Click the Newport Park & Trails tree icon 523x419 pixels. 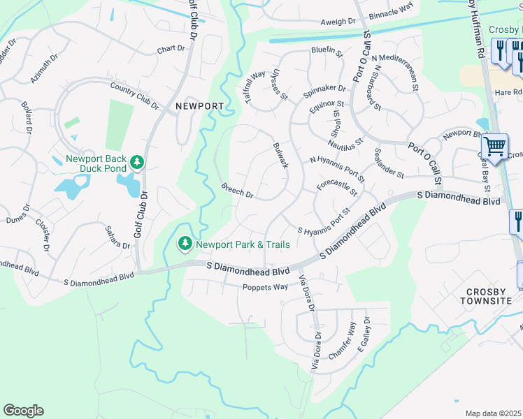pyautogui.click(x=185, y=244)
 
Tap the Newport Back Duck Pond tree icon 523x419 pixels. pyautogui.click(x=138, y=163)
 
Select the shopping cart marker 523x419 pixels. pyautogui.click(x=495, y=147)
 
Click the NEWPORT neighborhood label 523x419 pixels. pyautogui.click(x=199, y=106)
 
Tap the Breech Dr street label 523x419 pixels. pyautogui.click(x=236, y=190)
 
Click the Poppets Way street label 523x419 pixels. pyautogui.click(x=265, y=287)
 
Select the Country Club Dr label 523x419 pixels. pyautogui.click(x=134, y=95)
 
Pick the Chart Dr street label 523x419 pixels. pyautogui.click(x=171, y=49)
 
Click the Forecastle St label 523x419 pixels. pyautogui.click(x=337, y=188)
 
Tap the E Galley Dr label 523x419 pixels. pyautogui.click(x=363, y=336)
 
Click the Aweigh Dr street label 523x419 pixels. pyautogui.click(x=338, y=22)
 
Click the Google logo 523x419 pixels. pyautogui.click(x=23, y=411)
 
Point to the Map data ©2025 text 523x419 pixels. pyautogui.click(x=493, y=413)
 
